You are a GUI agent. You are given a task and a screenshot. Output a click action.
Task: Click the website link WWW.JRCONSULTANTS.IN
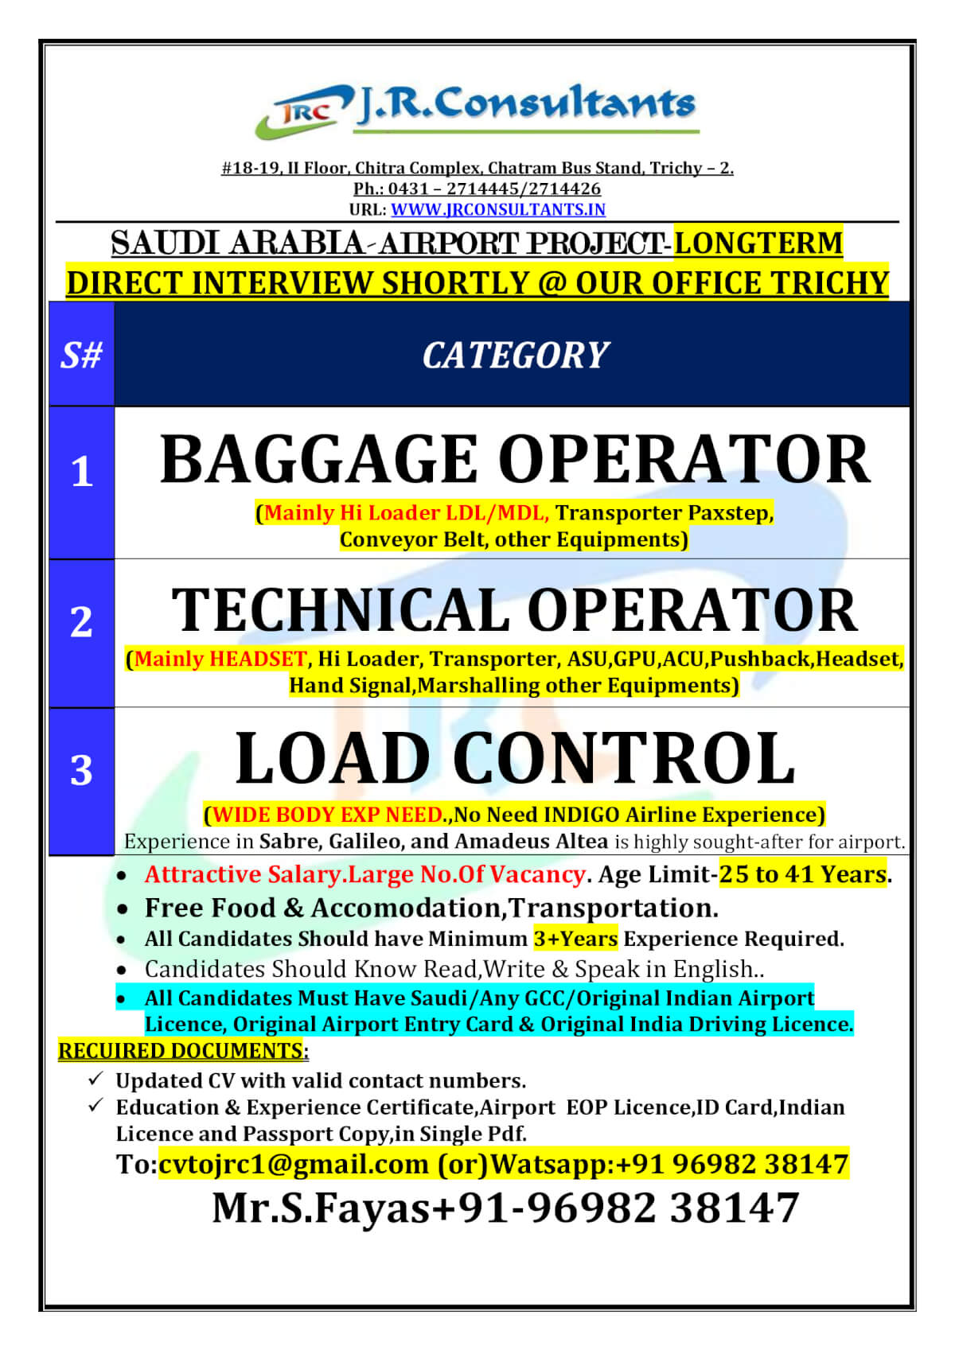[x=498, y=209]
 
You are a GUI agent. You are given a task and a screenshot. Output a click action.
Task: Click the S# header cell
[x=81, y=355]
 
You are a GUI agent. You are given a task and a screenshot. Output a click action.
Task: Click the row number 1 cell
[x=81, y=473]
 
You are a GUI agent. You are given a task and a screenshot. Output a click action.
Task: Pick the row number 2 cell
[x=81, y=622]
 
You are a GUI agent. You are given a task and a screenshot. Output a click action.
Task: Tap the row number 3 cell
[x=81, y=771]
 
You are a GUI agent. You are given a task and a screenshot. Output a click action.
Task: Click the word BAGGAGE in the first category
[x=318, y=460]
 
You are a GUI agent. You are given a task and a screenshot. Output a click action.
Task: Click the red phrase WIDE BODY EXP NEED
[x=327, y=815]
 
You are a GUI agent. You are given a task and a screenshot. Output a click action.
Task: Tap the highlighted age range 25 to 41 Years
[x=802, y=874]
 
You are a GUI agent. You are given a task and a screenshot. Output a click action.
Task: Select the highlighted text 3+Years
[x=575, y=939]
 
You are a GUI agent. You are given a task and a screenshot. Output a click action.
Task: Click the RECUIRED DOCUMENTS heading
[x=182, y=1051]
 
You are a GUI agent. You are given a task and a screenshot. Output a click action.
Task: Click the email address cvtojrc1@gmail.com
[x=293, y=1164]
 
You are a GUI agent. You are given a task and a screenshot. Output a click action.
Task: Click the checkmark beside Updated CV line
[x=95, y=1079]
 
